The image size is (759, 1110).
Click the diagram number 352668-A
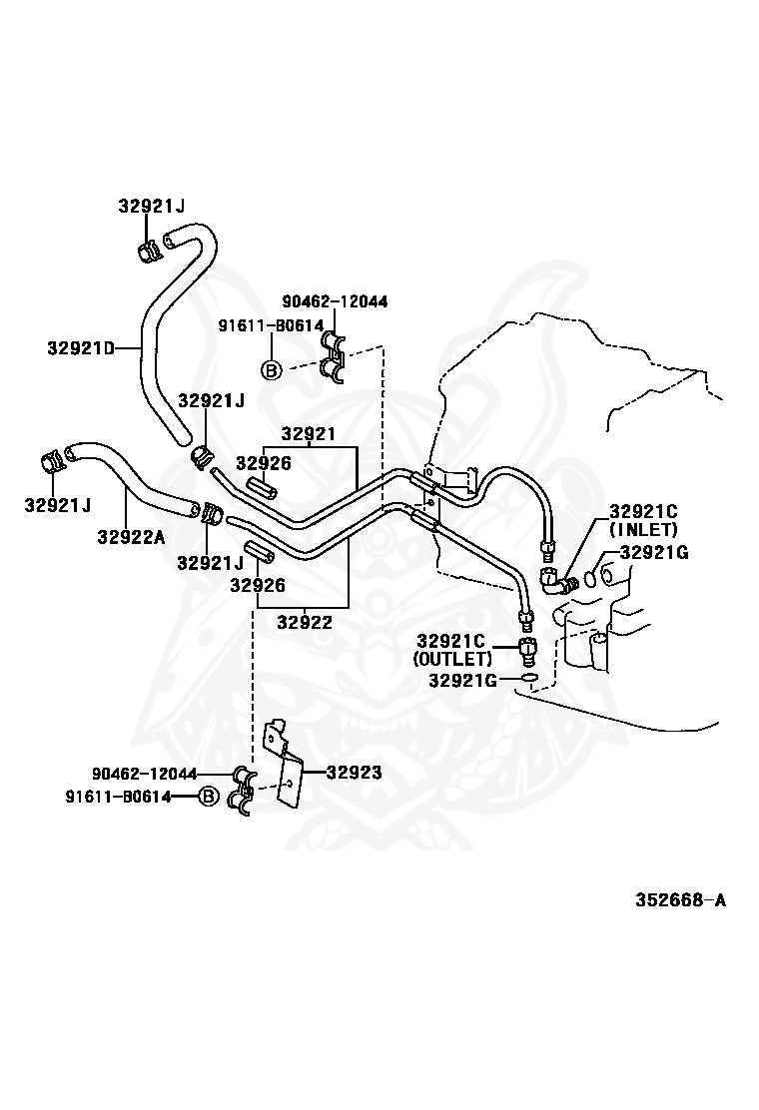pyautogui.click(x=680, y=899)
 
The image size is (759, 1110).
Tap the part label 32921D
pyautogui.click(x=81, y=347)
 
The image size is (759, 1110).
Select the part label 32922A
pyautogui.click(x=131, y=537)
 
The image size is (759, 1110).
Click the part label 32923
pyautogui.click(x=354, y=773)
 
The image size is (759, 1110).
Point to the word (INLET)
pyautogui.click(x=643, y=529)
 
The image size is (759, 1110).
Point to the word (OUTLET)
pyautogui.click(x=452, y=659)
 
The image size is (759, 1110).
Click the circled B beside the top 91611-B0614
pyautogui.click(x=272, y=368)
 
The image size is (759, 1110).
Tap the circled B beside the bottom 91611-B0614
pyautogui.click(x=208, y=797)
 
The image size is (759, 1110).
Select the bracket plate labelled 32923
pyautogui.click(x=284, y=765)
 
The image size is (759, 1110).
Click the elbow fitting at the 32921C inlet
pyautogui.click(x=559, y=579)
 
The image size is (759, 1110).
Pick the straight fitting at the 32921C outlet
pyautogui.click(x=526, y=649)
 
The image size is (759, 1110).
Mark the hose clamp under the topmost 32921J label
pyautogui.click(x=148, y=251)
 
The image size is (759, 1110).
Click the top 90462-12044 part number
pyautogui.click(x=335, y=301)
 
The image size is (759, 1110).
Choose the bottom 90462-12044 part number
pyautogui.click(x=145, y=774)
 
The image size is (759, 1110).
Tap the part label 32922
pyautogui.click(x=304, y=622)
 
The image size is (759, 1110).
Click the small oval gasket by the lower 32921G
pyautogui.click(x=529, y=681)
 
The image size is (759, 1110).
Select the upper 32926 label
pyautogui.click(x=264, y=463)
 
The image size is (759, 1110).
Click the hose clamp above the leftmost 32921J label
pyautogui.click(x=51, y=461)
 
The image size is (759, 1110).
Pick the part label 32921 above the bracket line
pyautogui.click(x=308, y=433)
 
